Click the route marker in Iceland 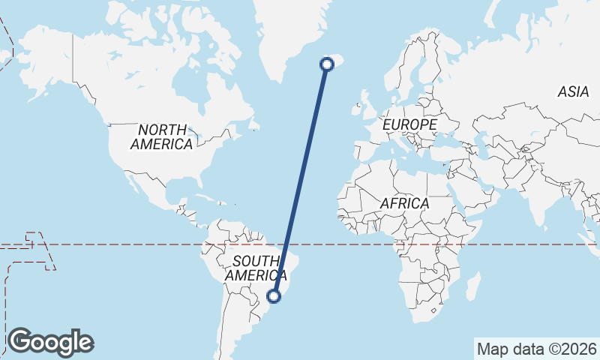click(327, 64)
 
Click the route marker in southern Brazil click(274, 296)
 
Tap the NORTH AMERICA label click(162, 137)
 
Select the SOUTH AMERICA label click(256, 268)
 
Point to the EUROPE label click(409, 124)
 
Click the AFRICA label click(404, 203)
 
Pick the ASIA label click(573, 92)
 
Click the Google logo click(51, 342)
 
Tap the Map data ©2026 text click(537, 349)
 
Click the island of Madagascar click(472, 285)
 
